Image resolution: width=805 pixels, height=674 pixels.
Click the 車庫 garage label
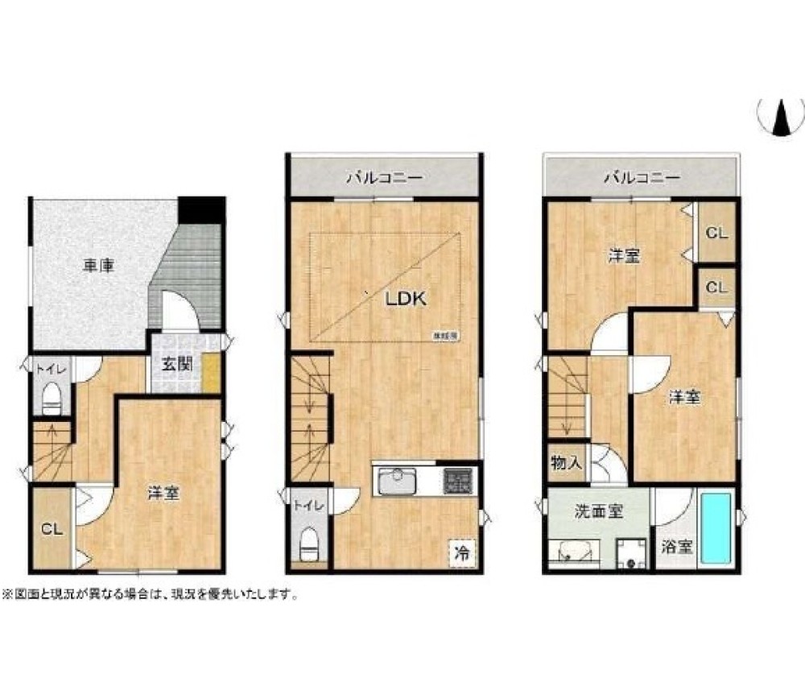[97, 267]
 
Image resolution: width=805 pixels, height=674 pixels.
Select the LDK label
[405, 298]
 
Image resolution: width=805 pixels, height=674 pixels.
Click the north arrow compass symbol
[780, 118]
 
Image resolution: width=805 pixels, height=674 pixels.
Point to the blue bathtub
[715, 528]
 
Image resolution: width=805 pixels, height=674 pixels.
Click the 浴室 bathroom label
[677, 547]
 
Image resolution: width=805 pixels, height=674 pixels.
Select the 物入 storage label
[566, 463]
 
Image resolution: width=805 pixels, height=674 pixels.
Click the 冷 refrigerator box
[462, 553]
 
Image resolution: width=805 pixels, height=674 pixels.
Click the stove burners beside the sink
[458, 482]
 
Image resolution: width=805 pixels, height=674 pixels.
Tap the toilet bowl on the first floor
[52, 397]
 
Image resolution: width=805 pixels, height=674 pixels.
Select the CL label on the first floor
[52, 530]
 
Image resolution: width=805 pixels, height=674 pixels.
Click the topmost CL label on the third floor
[716, 234]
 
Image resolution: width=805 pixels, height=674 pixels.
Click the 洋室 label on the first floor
[163, 494]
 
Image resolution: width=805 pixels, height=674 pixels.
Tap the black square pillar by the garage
[200, 209]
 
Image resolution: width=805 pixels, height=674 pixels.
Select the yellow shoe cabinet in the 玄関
[211, 373]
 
